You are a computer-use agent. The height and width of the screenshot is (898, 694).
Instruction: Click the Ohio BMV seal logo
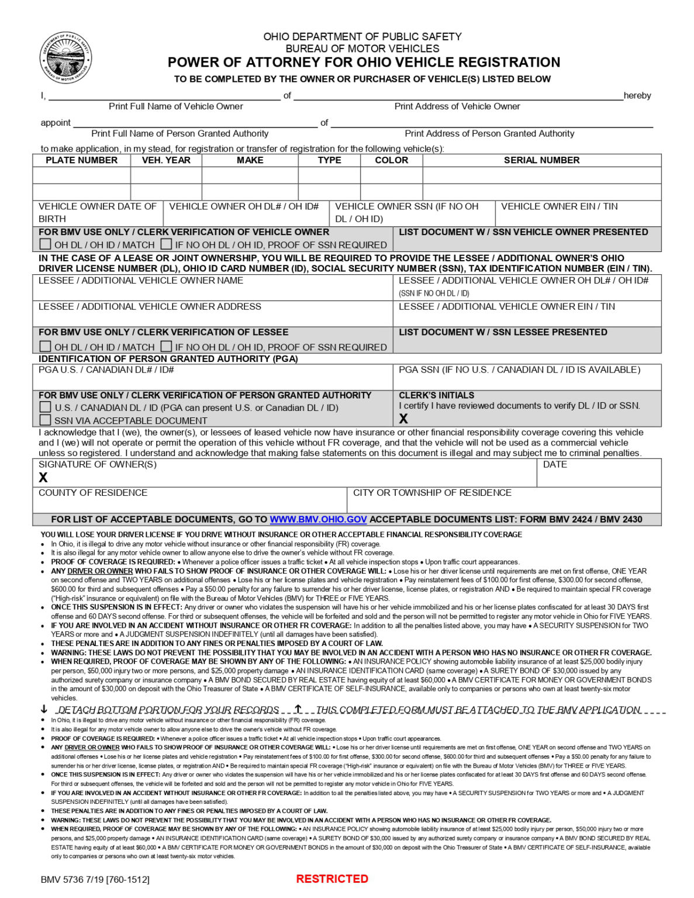[65, 57]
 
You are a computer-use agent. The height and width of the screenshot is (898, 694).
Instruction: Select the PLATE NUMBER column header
[81, 160]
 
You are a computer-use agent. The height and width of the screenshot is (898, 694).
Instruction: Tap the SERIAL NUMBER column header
[541, 160]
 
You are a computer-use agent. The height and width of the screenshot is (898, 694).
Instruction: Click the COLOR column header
[391, 160]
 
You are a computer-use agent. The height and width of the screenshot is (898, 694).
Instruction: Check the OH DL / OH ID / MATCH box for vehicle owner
[45, 244]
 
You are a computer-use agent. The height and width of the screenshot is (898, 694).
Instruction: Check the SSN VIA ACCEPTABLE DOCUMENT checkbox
[45, 420]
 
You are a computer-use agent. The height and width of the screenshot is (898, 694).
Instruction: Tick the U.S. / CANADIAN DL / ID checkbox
[45, 407]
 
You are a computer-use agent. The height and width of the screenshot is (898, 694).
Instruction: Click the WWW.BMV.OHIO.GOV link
[318, 519]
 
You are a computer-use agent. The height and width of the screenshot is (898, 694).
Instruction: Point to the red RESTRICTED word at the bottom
[332, 879]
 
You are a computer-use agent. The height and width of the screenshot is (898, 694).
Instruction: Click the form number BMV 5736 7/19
[95, 879]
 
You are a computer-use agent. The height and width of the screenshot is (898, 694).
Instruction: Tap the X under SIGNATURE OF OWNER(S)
[43, 478]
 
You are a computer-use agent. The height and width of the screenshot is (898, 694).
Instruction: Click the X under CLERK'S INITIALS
[403, 419]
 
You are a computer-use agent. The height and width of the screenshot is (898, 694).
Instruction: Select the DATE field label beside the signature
[555, 464]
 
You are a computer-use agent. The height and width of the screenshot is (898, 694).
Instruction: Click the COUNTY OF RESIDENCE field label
[93, 493]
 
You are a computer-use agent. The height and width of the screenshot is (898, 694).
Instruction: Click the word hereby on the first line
[637, 95]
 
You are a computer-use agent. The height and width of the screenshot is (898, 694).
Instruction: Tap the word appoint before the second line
[56, 123]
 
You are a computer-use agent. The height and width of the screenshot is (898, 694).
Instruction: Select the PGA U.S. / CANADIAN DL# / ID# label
[106, 369]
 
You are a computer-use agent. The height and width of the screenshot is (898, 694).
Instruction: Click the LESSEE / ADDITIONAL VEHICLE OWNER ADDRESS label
[150, 306]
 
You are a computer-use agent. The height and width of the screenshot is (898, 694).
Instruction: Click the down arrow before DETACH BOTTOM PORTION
[44, 709]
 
